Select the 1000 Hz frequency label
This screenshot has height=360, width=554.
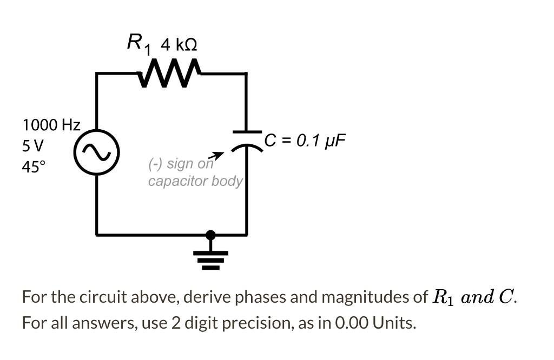click(51, 125)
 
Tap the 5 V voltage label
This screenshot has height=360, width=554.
click(34, 146)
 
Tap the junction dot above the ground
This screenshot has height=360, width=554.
click(212, 235)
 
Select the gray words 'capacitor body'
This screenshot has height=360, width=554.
click(195, 181)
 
